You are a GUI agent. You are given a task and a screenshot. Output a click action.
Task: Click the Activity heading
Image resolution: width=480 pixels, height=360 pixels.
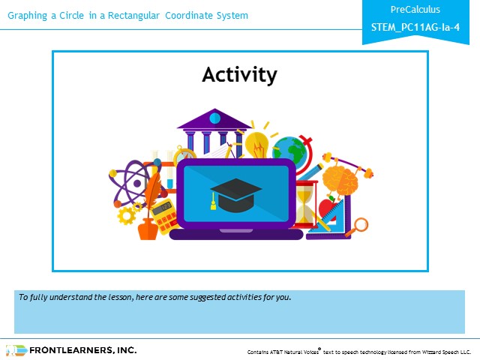(239, 75)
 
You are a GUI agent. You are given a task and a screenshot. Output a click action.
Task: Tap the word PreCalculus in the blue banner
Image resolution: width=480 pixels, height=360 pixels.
(415, 10)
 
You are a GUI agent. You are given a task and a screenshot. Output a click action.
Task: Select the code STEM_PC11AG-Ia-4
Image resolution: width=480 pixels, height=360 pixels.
(415, 27)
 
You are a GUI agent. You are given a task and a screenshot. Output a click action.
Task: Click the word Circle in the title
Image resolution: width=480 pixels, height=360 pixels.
(71, 15)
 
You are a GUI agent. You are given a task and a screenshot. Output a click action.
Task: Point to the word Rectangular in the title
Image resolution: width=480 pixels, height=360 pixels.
(133, 16)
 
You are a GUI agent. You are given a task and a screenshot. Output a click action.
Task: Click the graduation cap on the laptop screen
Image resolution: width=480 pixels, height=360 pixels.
(235, 195)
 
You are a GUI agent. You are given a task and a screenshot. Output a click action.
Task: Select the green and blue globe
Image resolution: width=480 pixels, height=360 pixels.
(289, 151)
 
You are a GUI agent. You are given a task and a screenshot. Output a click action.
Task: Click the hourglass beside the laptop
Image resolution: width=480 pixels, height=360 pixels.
(305, 204)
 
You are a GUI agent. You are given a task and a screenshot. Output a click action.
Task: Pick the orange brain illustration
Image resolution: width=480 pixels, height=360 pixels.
(340, 181)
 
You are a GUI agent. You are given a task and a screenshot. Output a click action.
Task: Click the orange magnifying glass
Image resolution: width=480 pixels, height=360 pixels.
(358, 226)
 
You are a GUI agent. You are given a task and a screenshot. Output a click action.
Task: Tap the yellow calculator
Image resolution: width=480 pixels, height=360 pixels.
(164, 217)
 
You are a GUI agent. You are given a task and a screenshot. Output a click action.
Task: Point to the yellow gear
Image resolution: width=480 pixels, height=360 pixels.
(127, 215)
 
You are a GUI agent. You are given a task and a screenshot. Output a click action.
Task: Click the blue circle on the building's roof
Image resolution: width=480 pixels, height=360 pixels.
(215, 118)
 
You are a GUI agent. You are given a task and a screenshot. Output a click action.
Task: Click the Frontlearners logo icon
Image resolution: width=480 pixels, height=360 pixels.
(16, 350)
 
